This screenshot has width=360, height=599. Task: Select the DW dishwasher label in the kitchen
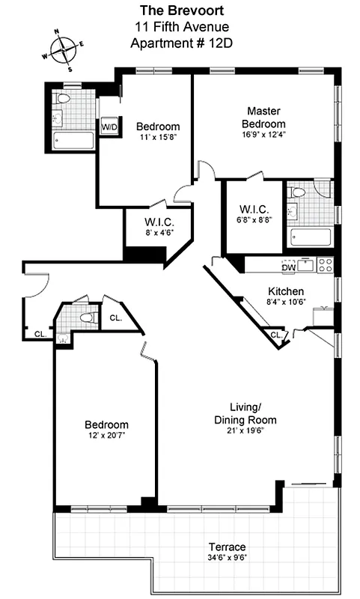tap(288, 266)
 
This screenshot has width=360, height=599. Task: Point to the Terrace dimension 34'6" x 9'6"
tap(228, 559)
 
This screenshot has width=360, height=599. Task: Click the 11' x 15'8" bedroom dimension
tap(157, 137)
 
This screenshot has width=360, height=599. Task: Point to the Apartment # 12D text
tap(180, 43)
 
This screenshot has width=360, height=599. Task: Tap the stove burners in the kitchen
tap(326, 264)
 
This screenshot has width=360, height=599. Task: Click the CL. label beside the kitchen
tap(275, 335)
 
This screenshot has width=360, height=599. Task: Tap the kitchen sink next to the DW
tap(306, 264)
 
